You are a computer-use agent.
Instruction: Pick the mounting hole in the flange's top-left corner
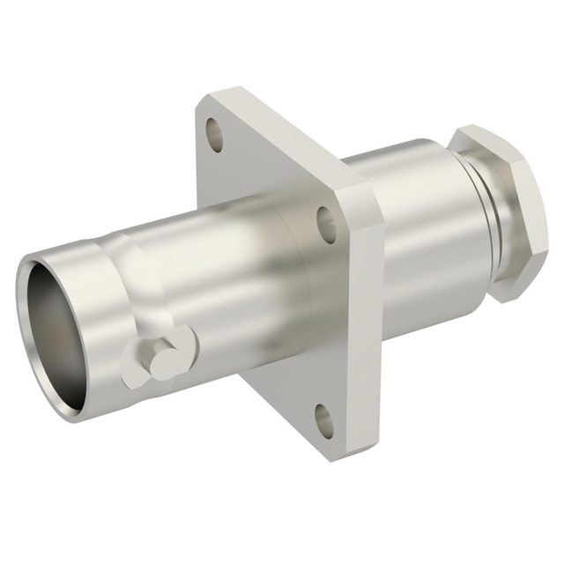(214, 134)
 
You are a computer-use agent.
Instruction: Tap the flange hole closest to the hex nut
(327, 225)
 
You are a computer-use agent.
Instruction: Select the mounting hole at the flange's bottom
(325, 420)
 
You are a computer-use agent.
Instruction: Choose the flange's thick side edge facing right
(370, 335)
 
